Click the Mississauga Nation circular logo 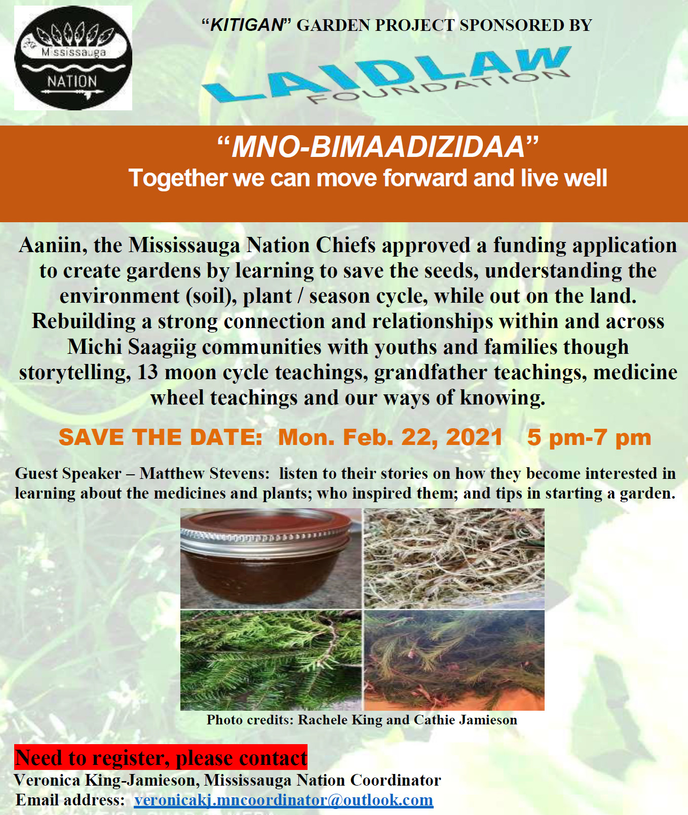click(73, 58)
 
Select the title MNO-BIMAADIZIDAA click(377, 146)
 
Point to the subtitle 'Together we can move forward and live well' click(368, 178)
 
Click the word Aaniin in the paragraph click(50, 246)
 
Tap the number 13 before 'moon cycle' click(148, 372)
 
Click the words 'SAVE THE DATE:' click(161, 437)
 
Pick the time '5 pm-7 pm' click(589, 438)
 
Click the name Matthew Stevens click(205, 473)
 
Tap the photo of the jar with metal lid click(271, 558)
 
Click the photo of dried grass click(454, 558)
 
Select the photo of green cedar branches click(271, 660)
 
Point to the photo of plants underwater click(454, 660)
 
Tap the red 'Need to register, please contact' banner click(161, 757)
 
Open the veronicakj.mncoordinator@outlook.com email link click(284, 800)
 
